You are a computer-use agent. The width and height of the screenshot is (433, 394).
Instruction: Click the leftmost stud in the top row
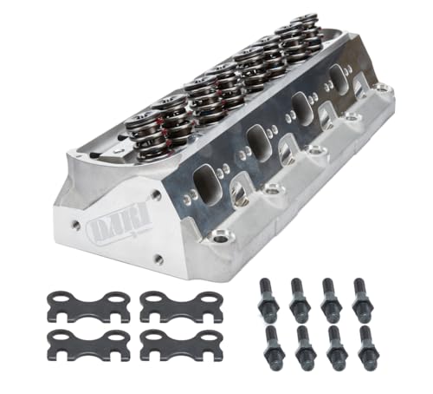tap(267, 298)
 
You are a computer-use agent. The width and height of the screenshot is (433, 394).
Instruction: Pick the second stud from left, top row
tap(297, 298)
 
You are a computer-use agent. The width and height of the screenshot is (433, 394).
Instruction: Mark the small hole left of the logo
tap(77, 224)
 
